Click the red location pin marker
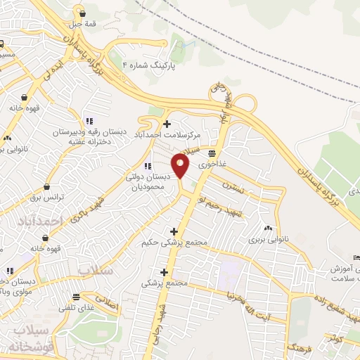pos(181,167)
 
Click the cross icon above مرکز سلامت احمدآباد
pos(166,124)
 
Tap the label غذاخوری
pos(214,162)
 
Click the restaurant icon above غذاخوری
pos(211,153)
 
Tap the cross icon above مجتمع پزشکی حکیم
pos(173,231)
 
